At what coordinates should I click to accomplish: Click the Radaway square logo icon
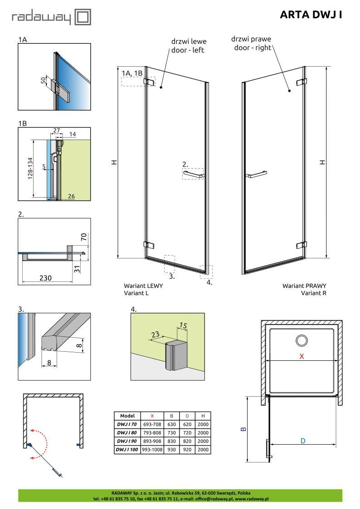[83, 17]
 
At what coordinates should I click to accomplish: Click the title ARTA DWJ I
[311, 15]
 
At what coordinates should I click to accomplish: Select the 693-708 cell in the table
[152, 424]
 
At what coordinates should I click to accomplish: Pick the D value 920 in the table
[187, 450]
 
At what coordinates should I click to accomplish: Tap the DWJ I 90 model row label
[127, 441]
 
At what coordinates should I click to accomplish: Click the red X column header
[152, 416]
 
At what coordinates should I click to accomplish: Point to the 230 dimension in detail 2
[45, 278]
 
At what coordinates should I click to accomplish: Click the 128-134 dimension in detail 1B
[30, 168]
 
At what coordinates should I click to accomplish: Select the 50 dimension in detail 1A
[44, 80]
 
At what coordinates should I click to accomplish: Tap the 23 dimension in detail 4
[155, 334]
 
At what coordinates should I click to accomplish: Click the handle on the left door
[194, 175]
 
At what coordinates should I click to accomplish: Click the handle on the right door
[256, 175]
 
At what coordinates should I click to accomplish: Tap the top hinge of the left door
[149, 81]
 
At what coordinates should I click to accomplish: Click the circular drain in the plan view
[302, 340]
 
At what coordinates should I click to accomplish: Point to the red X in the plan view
[302, 356]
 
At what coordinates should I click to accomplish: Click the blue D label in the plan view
[303, 441]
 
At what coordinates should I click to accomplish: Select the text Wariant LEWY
[143, 286]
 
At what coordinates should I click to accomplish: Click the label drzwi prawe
[251, 39]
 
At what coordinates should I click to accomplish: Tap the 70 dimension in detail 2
[84, 237]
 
